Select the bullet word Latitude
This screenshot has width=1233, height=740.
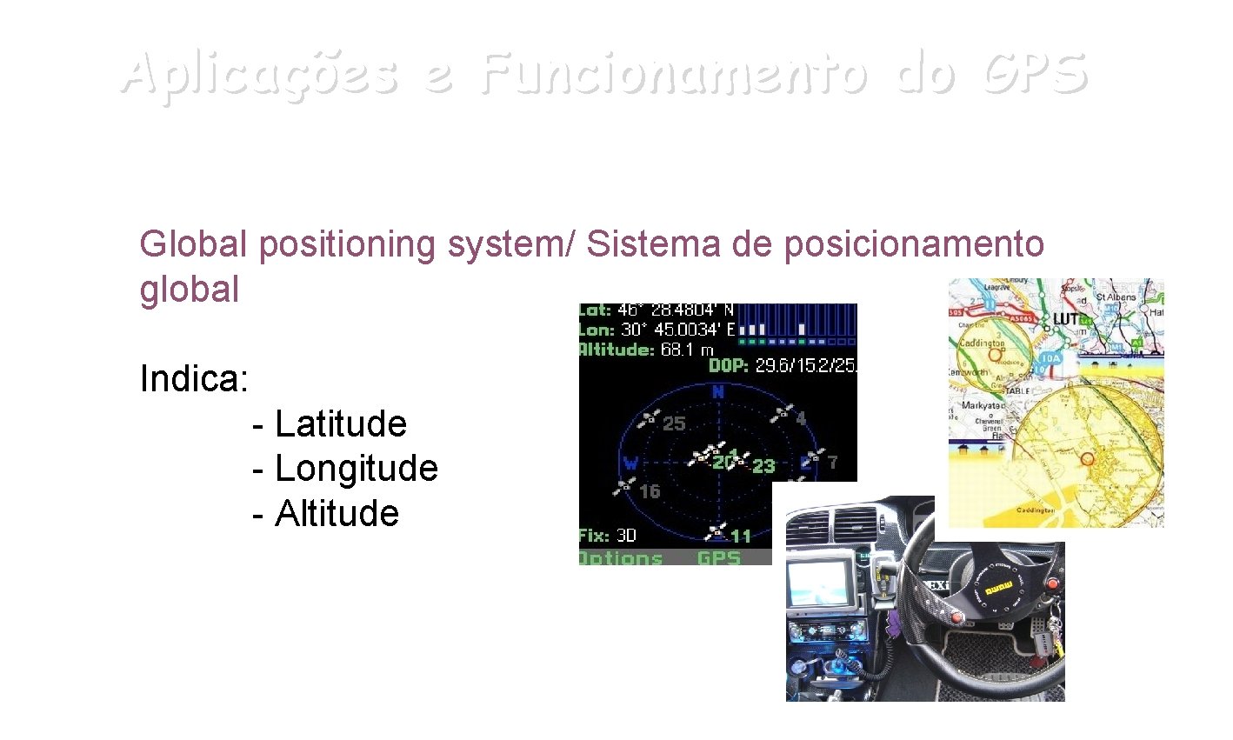[340, 424]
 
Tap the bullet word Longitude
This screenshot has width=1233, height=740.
[356, 469]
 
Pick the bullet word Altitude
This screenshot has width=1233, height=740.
[337, 513]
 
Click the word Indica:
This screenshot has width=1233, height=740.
[194, 379]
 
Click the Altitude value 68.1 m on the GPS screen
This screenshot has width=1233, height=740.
[686, 350]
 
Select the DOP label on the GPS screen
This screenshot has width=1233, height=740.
[728, 366]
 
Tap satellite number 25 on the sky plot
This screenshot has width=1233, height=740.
[674, 423]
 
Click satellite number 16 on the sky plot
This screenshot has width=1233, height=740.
[650, 491]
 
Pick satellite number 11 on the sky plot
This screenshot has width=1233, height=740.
[740, 536]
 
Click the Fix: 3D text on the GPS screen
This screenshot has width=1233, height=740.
[608, 536]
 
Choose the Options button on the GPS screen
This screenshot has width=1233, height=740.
[621, 557]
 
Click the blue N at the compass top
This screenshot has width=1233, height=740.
[718, 393]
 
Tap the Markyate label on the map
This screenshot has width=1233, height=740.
[982, 406]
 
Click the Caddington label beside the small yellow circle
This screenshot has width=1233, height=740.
[982, 343]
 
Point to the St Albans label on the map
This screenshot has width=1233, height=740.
[1116, 297]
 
